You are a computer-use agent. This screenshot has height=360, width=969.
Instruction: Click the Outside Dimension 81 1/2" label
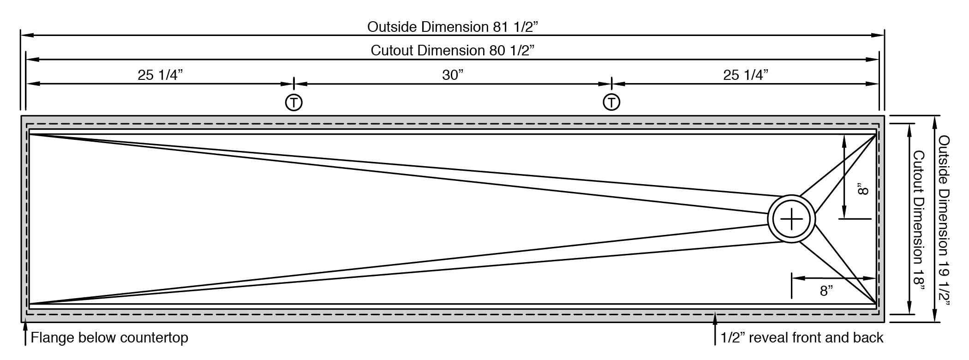click(453, 27)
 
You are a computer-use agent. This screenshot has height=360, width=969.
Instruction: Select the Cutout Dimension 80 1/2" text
click(453, 50)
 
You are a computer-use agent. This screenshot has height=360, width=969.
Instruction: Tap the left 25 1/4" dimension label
click(161, 75)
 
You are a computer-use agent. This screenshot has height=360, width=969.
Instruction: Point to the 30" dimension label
click(453, 75)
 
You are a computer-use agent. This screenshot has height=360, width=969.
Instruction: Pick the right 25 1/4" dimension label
click(746, 75)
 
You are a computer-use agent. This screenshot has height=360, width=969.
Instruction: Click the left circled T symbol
click(294, 102)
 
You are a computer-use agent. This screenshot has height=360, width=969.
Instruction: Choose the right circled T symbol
click(611, 102)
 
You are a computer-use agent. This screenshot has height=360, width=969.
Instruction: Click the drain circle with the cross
click(791, 219)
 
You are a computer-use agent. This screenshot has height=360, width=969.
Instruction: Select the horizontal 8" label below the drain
click(826, 291)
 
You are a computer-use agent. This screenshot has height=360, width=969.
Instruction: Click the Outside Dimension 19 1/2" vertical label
click(944, 221)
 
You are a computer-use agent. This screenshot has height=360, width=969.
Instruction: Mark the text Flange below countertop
click(109, 338)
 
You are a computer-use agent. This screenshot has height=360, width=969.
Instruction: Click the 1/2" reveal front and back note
click(802, 338)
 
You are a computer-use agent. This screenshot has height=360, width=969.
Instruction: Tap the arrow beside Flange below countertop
click(25, 335)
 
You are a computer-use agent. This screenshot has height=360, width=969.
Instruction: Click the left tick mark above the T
click(294, 84)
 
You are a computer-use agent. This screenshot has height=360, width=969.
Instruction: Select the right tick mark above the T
click(611, 84)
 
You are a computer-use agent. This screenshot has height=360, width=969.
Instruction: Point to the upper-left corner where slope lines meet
click(31, 135)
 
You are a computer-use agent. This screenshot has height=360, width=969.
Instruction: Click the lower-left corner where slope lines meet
click(31, 303)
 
